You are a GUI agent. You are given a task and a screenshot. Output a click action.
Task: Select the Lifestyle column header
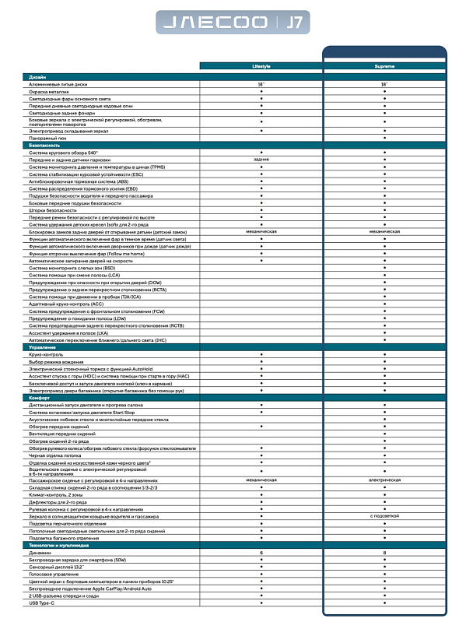pyautogui.click(x=261, y=66)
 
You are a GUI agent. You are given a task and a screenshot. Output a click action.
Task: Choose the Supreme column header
pyautogui.click(x=384, y=66)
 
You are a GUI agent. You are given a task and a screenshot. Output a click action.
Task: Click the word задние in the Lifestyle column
pyautogui.click(x=261, y=159)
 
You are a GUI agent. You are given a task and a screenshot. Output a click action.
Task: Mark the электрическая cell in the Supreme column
pyautogui.click(x=384, y=480)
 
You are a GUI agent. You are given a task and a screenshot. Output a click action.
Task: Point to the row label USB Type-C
pyautogui.click(x=44, y=603)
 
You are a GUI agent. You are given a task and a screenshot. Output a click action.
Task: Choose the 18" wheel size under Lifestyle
pyautogui.click(x=261, y=84)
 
